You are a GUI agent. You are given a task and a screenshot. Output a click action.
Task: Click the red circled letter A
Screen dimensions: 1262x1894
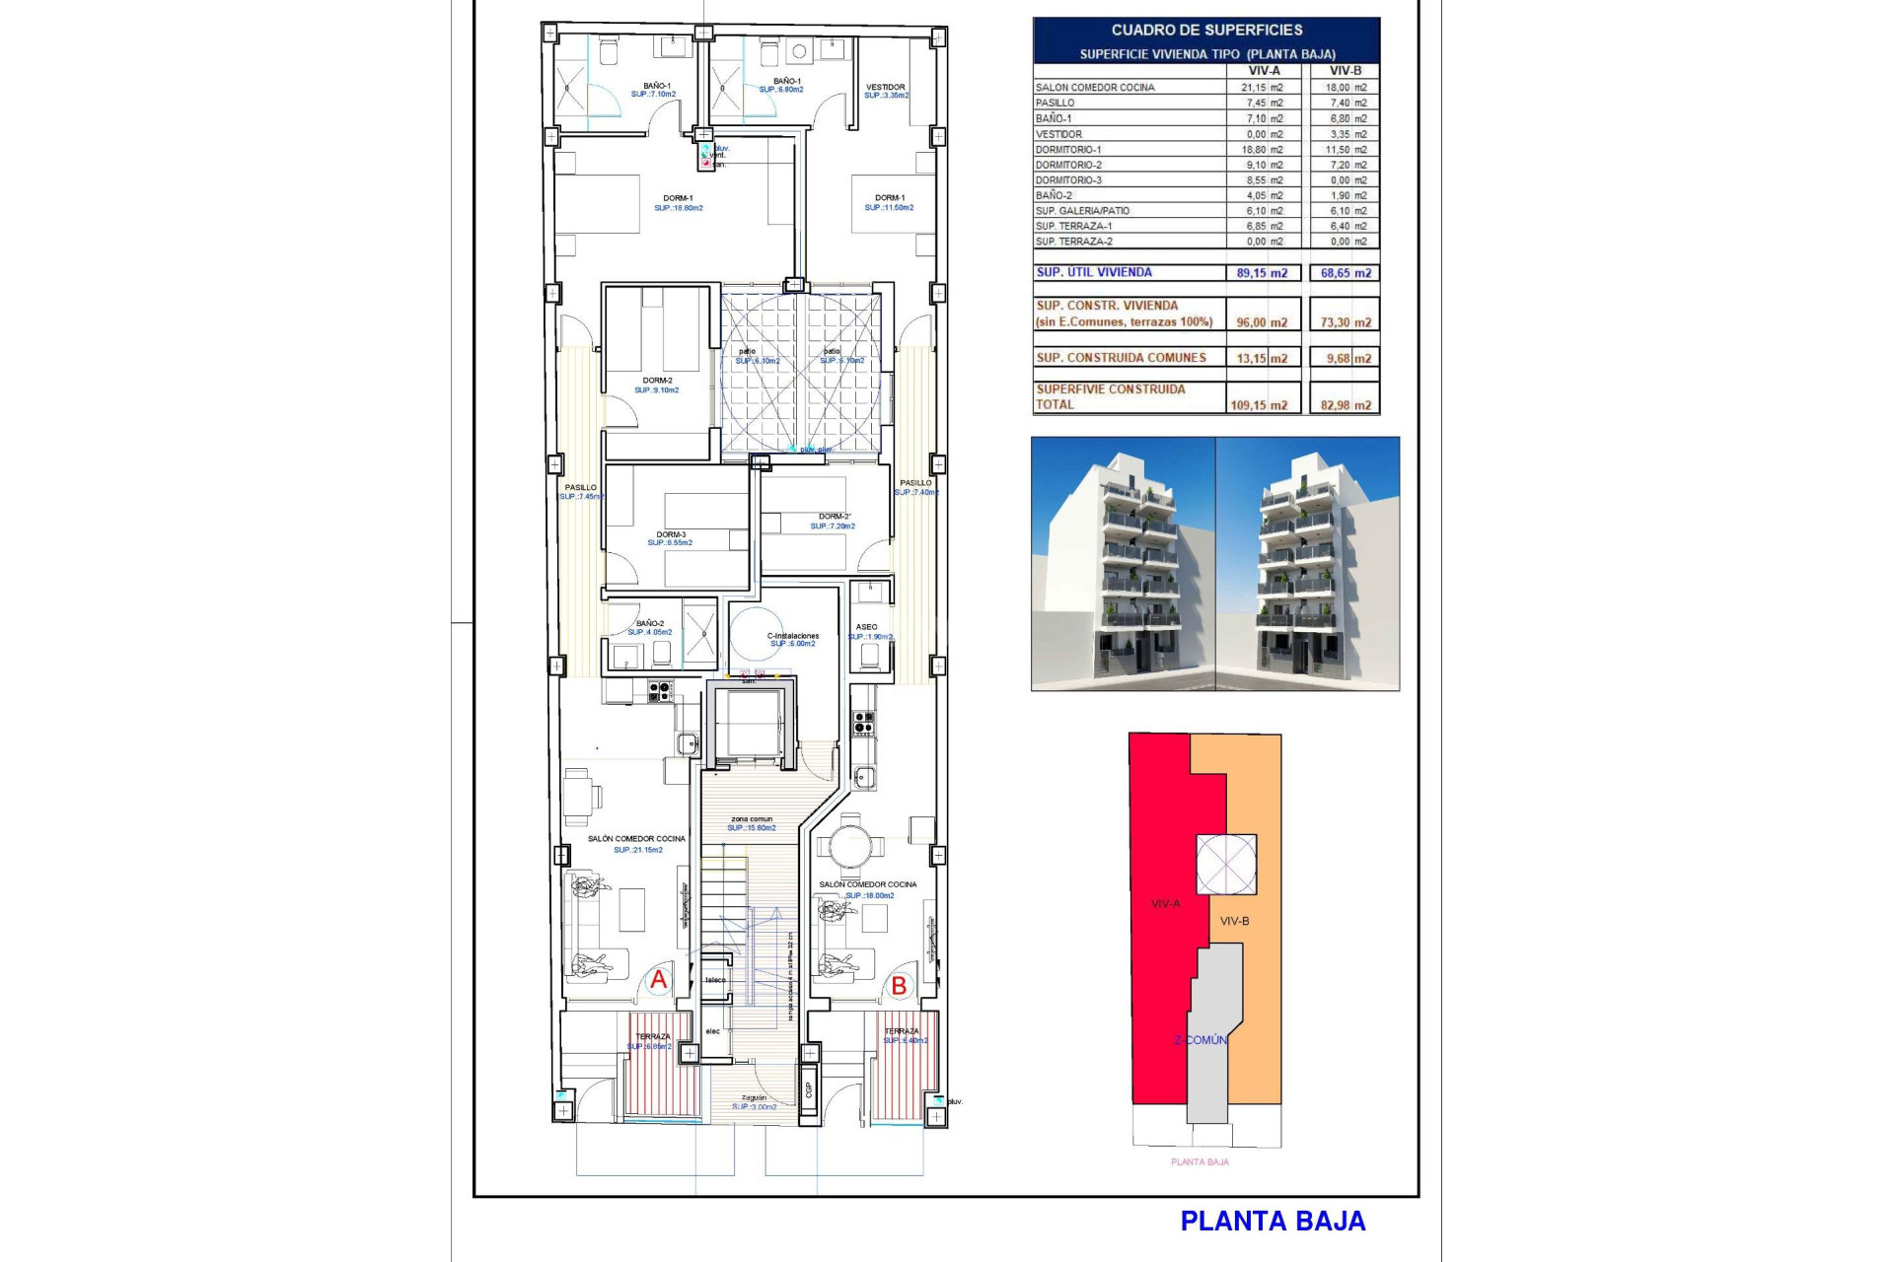pyautogui.click(x=658, y=980)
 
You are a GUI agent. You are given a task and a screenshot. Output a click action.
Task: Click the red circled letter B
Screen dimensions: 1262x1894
pyautogui.click(x=899, y=985)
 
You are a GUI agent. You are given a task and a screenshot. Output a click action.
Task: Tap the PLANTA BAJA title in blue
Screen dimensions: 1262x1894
pyautogui.click(x=1273, y=1222)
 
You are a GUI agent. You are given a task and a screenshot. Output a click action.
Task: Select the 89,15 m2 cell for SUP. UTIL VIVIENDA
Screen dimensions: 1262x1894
pyautogui.click(x=1262, y=273)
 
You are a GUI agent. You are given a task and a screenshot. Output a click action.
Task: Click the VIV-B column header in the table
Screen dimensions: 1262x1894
pyautogui.click(x=1345, y=71)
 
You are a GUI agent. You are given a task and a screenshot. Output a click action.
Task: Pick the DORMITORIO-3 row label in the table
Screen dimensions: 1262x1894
pyautogui.click(x=1068, y=180)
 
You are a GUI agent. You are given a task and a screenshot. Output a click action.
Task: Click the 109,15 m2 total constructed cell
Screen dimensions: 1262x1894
pyautogui.click(x=1259, y=405)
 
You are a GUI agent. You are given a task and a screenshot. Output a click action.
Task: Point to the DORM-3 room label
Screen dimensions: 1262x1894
pyautogui.click(x=671, y=534)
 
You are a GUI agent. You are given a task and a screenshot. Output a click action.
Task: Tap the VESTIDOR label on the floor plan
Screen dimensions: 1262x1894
pyautogui.click(x=885, y=87)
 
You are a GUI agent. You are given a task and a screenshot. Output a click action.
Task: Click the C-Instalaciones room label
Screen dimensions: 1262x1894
pyautogui.click(x=793, y=636)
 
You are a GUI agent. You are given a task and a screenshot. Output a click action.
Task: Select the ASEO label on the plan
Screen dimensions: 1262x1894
pyautogui.click(x=866, y=627)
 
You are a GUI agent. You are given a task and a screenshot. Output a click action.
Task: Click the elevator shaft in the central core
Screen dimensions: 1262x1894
pyautogui.click(x=748, y=723)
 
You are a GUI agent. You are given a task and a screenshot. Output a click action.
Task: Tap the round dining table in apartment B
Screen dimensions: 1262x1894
pyautogui.click(x=848, y=846)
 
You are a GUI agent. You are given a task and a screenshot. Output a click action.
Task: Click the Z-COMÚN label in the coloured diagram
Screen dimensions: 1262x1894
pyautogui.click(x=1201, y=1040)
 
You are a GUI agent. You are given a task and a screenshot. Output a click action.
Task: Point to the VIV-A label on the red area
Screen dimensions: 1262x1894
pyautogui.click(x=1165, y=903)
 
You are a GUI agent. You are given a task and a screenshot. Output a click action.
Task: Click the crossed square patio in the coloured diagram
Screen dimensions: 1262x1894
pyautogui.click(x=1226, y=865)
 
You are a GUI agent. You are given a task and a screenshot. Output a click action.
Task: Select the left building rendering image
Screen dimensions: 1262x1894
pyautogui.click(x=1123, y=564)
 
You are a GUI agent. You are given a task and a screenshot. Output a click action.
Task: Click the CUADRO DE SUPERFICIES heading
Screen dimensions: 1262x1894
pyautogui.click(x=1206, y=31)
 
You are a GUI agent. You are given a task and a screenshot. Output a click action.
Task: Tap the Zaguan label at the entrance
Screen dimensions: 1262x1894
pyautogui.click(x=754, y=1097)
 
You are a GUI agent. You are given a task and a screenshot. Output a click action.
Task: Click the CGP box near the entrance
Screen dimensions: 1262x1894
pyautogui.click(x=809, y=1088)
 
